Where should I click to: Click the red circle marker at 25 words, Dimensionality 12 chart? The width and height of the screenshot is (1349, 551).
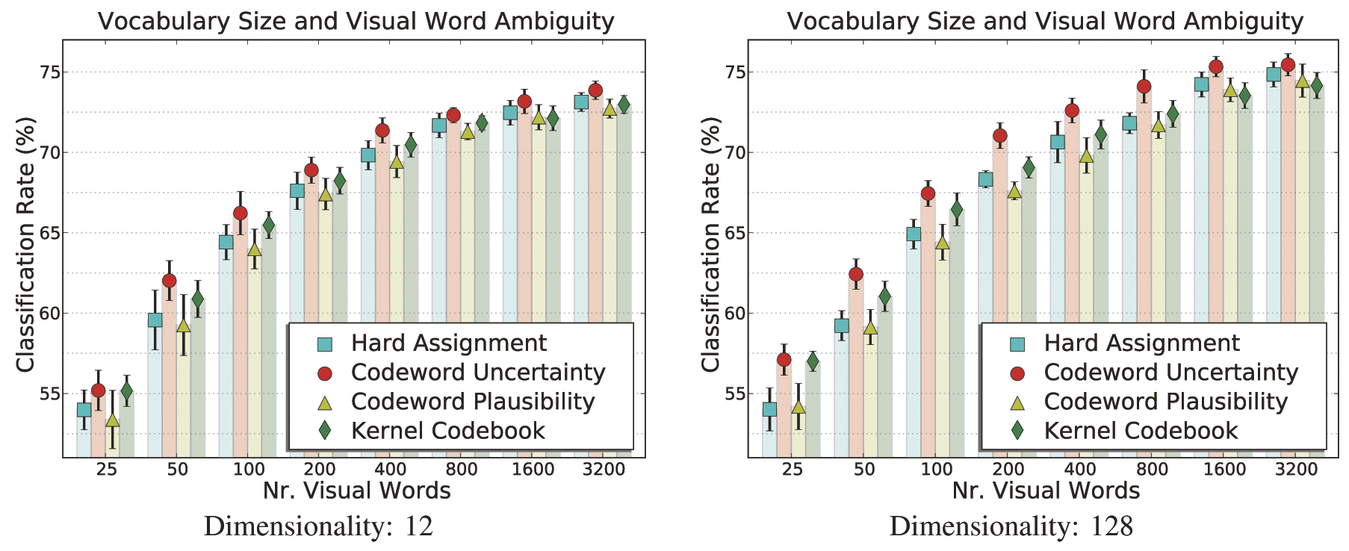click(x=98, y=390)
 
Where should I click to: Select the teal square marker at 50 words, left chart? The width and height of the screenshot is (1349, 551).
click(x=155, y=320)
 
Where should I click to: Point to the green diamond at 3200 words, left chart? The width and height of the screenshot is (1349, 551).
click(x=624, y=105)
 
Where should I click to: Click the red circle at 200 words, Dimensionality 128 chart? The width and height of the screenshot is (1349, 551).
click(x=999, y=136)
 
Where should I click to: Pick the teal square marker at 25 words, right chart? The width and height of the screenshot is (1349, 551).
click(x=769, y=409)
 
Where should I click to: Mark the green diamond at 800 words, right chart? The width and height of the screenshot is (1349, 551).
click(x=1172, y=115)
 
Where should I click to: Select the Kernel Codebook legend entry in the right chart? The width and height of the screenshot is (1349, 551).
click(x=1141, y=431)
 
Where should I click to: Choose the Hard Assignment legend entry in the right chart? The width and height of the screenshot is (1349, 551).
click(x=1141, y=343)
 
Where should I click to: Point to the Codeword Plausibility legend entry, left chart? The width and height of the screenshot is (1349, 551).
click(x=473, y=402)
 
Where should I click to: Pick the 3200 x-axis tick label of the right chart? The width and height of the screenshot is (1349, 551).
click(x=1295, y=470)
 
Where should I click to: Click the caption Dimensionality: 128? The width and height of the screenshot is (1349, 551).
click(x=1011, y=527)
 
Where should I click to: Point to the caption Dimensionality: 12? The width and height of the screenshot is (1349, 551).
click(x=318, y=527)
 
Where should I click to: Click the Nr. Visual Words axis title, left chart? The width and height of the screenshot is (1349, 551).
click(x=356, y=491)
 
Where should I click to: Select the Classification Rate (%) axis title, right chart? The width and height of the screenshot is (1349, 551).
click(x=711, y=244)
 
